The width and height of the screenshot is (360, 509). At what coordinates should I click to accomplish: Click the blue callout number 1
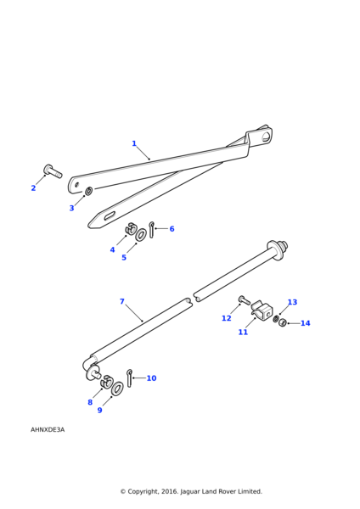[134, 143]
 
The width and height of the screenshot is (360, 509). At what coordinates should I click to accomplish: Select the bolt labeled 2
[53, 171]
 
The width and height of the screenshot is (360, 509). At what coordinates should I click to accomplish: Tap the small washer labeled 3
[88, 191]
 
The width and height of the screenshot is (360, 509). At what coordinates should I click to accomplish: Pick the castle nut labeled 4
[130, 228]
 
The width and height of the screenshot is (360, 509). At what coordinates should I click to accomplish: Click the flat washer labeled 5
[140, 235]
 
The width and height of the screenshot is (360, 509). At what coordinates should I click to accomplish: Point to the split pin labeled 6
[151, 230]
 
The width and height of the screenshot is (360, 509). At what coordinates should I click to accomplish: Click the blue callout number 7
[122, 301]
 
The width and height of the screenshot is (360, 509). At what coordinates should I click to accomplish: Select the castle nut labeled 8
[106, 382]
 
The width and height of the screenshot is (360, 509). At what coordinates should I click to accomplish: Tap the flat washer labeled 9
[117, 389]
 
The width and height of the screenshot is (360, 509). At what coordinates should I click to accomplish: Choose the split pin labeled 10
[129, 378]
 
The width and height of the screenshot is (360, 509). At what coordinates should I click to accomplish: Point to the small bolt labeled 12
[245, 299]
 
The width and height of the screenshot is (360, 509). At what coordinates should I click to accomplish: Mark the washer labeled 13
[276, 319]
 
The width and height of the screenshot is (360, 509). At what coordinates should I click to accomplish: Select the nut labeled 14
[282, 322]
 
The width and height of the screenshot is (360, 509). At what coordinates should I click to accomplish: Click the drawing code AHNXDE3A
[48, 430]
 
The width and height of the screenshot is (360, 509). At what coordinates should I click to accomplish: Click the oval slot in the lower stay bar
[110, 215]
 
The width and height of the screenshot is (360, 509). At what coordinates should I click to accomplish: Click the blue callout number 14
[306, 323]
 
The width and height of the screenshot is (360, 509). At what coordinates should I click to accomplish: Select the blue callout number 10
[151, 378]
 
